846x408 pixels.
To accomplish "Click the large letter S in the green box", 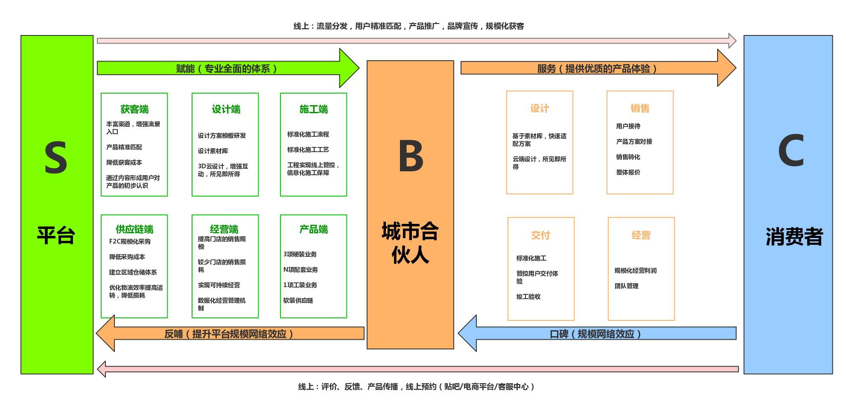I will click(x=56, y=158).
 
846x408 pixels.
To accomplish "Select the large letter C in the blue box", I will click(x=791, y=151).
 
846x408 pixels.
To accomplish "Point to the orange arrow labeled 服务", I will click(x=597, y=68).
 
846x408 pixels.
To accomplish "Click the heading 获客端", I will click(x=134, y=109).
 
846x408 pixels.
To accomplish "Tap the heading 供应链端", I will click(x=134, y=229).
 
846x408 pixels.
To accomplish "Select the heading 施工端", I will click(x=314, y=109).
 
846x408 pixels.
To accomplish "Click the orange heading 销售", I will click(x=640, y=109).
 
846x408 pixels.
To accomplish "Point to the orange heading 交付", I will click(x=540, y=235).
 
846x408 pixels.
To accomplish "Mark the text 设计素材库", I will click(x=213, y=151).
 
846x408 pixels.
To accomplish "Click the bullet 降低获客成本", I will click(x=124, y=162).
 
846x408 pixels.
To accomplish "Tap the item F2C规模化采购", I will click(x=130, y=241).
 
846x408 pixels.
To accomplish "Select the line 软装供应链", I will click(x=298, y=300).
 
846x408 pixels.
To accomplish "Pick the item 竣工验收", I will click(x=528, y=296).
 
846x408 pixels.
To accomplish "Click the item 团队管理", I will click(x=627, y=286).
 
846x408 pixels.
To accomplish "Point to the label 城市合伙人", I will click(x=410, y=243).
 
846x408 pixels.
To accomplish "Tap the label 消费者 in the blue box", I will click(x=794, y=236).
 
